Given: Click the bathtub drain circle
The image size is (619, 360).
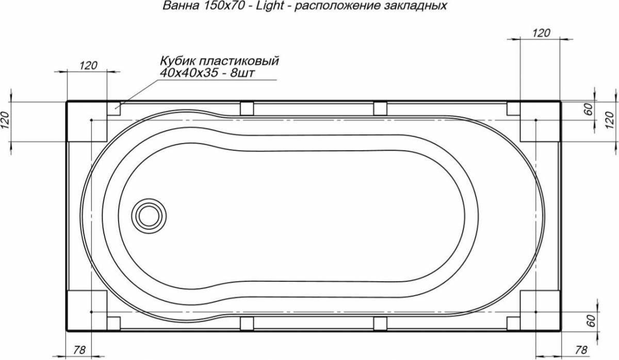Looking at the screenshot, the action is click(x=149, y=216).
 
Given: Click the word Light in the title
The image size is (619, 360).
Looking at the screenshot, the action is click(x=270, y=6).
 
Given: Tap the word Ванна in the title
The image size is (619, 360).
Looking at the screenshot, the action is click(x=181, y=6).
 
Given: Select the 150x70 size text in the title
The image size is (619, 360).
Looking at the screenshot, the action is click(x=224, y=6).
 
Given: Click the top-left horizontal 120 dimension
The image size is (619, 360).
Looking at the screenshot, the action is click(x=88, y=66).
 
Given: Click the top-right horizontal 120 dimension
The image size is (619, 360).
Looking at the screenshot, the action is click(x=541, y=33).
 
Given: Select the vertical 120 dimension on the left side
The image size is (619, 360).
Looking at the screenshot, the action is click(x=5, y=121).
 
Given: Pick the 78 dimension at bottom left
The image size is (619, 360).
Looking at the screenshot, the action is click(x=79, y=350).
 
